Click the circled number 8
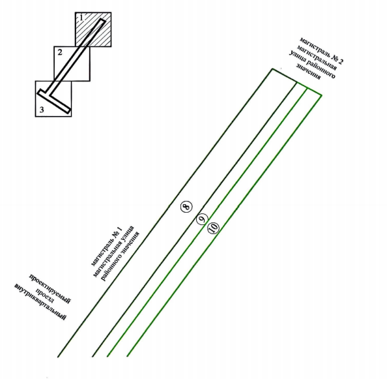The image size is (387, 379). click(186, 206)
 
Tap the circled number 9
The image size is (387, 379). click(202, 219)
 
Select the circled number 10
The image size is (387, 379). click(213, 228)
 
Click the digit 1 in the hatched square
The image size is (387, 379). click(81, 18)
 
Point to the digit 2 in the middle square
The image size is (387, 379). click(60, 52)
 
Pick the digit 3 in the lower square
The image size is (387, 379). click(42, 110)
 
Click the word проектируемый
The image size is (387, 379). click(50, 289)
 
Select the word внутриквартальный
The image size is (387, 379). click(40, 302)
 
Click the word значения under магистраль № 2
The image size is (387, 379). click(309, 72)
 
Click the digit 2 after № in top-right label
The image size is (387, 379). click(340, 61)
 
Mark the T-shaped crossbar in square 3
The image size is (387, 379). click(54, 102)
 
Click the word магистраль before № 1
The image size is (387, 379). click(101, 252)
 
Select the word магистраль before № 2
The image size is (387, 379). click(314, 46)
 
